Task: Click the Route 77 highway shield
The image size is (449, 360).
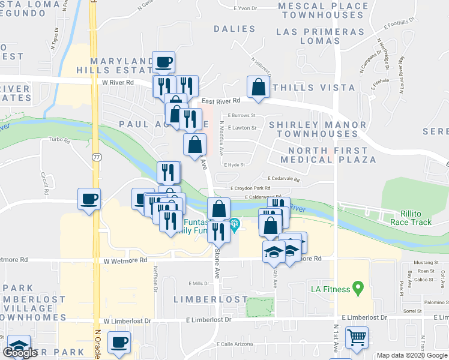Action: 97,157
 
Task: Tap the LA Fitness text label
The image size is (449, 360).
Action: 330,289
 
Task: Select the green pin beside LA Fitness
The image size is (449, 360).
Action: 358,289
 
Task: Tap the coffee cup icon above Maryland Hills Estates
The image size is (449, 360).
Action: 163,62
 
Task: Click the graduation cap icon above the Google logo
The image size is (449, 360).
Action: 19,346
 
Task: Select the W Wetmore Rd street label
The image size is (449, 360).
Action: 125,260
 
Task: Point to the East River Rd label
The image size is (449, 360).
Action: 220,101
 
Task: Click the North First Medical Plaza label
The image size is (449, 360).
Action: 332,155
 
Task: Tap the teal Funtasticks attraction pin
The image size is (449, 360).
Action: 235,226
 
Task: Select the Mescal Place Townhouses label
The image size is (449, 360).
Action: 324,11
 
